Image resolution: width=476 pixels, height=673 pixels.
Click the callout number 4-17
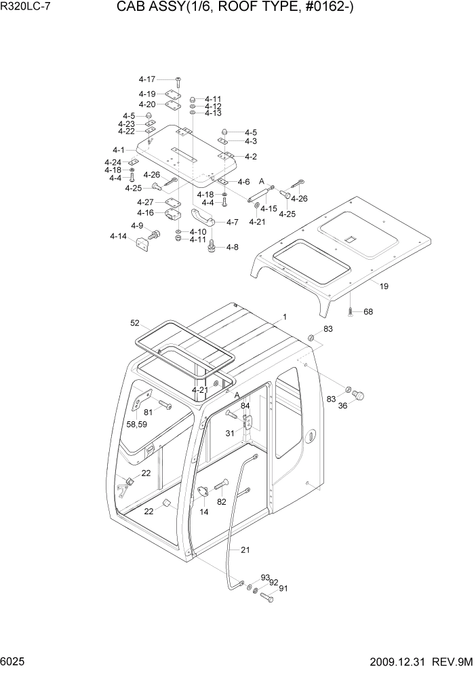147,80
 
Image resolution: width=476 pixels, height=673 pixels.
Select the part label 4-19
147,94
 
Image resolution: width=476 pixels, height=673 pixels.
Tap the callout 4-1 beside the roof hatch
119,150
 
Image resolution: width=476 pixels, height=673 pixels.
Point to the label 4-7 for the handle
232,223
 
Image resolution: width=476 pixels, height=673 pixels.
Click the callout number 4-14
118,236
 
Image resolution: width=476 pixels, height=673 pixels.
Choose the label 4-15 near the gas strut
269,209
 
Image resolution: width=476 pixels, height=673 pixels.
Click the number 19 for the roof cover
384,287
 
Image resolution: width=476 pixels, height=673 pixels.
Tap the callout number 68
368,312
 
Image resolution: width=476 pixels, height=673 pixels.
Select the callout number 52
135,323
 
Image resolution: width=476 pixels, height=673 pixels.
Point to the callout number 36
342,406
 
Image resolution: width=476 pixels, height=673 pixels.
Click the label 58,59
137,425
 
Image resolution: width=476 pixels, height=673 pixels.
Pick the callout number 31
231,434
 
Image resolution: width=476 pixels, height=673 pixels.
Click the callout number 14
203,513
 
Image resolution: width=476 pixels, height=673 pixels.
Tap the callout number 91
283,588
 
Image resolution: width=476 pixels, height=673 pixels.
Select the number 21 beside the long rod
245,550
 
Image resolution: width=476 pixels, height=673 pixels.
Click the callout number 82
221,501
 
